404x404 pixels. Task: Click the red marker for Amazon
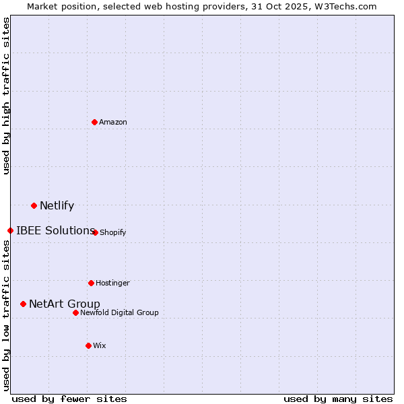(94, 122)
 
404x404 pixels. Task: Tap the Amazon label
(113, 122)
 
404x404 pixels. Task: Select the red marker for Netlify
(34, 205)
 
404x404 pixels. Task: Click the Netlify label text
(57, 206)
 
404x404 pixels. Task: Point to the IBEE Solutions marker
(10, 230)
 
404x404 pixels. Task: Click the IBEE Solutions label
(55, 230)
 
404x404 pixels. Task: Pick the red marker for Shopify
(95, 232)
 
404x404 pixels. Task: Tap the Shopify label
(112, 232)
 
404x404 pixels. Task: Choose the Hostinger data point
(91, 283)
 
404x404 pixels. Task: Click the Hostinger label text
(112, 283)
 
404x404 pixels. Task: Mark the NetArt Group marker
(23, 304)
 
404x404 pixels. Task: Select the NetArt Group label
(65, 304)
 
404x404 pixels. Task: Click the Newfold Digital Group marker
(75, 312)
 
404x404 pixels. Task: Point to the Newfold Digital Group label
(119, 312)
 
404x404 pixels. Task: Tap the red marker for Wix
(88, 345)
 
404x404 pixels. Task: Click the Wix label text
(100, 345)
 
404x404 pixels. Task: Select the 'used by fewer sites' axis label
(69, 399)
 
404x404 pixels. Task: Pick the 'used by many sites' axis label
(338, 399)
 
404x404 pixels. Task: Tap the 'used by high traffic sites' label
(6, 96)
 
